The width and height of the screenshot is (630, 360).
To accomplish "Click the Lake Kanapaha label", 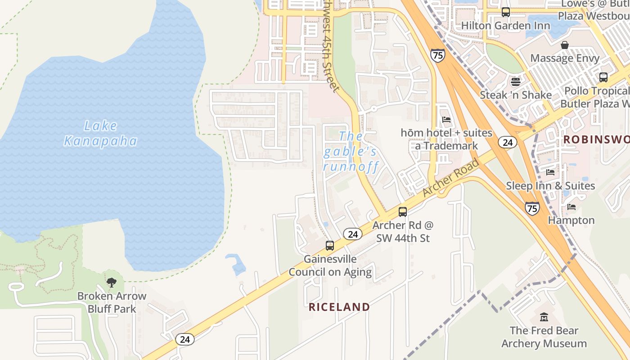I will pyautogui.click(x=100, y=134).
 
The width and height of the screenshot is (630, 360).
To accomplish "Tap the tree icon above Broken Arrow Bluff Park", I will pyautogui.click(x=111, y=283).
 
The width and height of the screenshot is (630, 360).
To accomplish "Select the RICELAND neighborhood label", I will pyautogui.click(x=339, y=307).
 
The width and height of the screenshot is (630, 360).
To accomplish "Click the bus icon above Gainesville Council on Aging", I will pyautogui.click(x=330, y=246).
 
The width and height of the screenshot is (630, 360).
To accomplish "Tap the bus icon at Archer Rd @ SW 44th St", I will pyautogui.click(x=403, y=212).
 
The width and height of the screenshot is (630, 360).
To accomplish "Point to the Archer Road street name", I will pyautogui.click(x=451, y=178).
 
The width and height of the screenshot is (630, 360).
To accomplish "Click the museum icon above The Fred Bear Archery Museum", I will pyautogui.click(x=544, y=317).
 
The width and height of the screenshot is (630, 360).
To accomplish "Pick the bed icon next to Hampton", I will pyautogui.click(x=571, y=207).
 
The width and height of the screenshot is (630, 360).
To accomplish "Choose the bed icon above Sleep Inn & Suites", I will pyautogui.click(x=550, y=172).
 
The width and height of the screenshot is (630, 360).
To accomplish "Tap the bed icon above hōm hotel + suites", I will pyautogui.click(x=446, y=120).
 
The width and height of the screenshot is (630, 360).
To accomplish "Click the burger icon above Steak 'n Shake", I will pyautogui.click(x=515, y=82).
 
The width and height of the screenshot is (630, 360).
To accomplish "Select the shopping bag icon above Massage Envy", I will pyautogui.click(x=565, y=45).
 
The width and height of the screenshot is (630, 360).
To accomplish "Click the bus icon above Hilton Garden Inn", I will pyautogui.click(x=506, y=12).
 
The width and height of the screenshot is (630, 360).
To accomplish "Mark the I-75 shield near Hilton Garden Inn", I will pyautogui.click(x=437, y=55).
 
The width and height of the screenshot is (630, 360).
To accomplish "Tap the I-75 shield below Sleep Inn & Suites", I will pyautogui.click(x=532, y=208).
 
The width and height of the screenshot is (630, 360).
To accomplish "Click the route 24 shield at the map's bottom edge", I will pyautogui.click(x=185, y=339).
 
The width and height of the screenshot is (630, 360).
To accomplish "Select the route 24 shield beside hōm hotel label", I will pyautogui.click(x=508, y=143).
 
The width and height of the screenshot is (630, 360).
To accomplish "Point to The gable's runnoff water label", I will pyautogui.click(x=351, y=151).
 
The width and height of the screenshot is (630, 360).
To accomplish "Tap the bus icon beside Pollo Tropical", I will pyautogui.click(x=603, y=77).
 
